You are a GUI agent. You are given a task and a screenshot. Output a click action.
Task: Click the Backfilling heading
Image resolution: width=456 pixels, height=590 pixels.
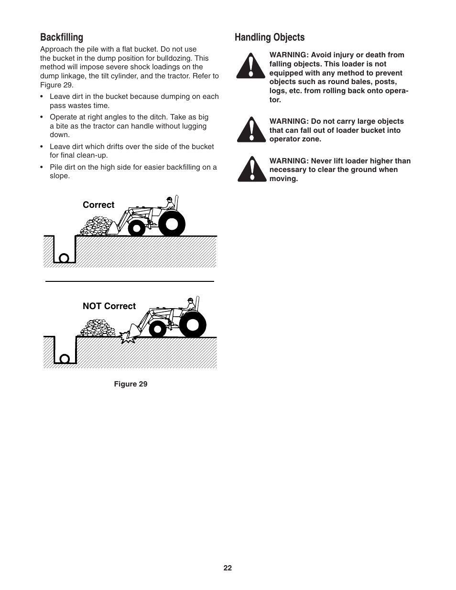[61, 37]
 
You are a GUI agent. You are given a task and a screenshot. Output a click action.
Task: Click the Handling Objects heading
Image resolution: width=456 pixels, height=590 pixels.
[269, 37]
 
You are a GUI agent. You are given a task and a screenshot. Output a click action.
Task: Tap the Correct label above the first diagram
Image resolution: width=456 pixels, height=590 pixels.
[98, 205]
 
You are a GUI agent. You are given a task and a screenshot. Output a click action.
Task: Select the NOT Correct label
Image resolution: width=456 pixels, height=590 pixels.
[109, 306]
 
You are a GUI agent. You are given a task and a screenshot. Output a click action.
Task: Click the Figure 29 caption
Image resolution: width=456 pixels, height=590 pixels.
[130, 384]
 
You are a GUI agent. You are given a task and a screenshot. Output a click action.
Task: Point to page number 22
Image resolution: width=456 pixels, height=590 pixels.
[228, 568]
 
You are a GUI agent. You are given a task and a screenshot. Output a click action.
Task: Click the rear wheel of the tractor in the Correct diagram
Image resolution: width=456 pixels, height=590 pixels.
[172, 223]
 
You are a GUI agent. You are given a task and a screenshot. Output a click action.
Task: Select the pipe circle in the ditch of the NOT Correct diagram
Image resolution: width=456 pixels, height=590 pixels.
[64, 359]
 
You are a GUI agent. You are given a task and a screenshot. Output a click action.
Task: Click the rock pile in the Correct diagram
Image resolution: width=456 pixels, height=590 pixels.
[98, 226]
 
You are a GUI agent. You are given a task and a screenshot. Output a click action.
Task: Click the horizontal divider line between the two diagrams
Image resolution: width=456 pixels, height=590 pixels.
[129, 281]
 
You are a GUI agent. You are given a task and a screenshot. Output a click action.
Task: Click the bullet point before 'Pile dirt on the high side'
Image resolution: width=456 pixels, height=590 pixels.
[43, 167]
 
